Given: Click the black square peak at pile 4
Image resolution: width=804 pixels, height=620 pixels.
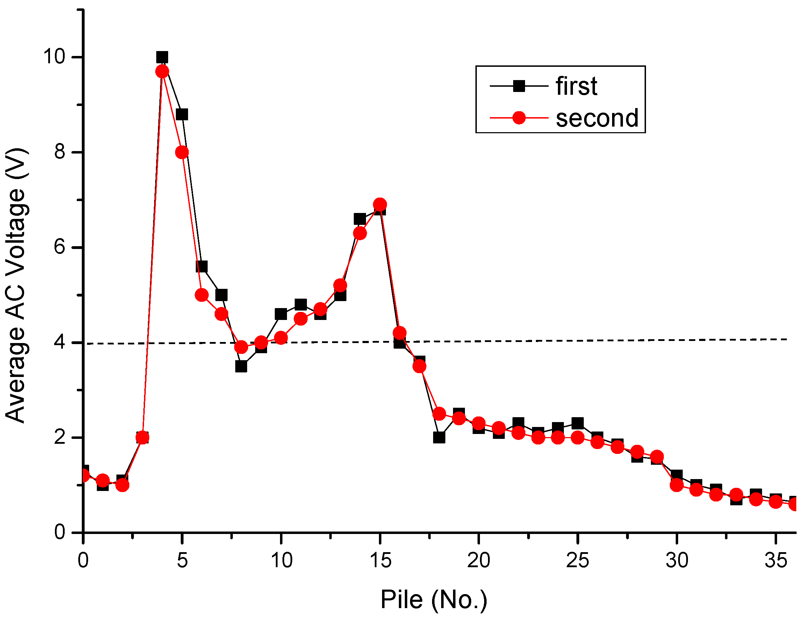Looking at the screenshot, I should [x=162, y=57].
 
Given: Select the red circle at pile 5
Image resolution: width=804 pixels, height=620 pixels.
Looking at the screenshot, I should [x=182, y=152].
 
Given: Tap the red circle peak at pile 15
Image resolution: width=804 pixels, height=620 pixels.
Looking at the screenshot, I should [x=380, y=204].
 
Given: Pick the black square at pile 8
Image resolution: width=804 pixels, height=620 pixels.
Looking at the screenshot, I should [x=241, y=367].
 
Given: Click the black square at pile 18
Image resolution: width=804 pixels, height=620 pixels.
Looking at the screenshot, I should [x=439, y=437].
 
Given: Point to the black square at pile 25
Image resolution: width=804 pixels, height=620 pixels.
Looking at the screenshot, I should [x=577, y=423].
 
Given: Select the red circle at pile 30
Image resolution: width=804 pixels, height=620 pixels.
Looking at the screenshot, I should [x=677, y=485].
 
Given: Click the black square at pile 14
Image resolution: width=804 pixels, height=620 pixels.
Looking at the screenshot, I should [x=360, y=219].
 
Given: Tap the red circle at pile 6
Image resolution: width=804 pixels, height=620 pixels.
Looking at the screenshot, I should [x=202, y=295].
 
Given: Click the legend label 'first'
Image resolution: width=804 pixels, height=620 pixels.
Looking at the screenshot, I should [x=576, y=86].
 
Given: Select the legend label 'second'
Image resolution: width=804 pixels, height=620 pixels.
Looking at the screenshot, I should [x=597, y=119].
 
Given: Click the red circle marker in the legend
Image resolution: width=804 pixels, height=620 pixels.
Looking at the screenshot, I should [x=519, y=118].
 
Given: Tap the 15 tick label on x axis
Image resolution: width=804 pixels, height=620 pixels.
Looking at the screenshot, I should [x=380, y=561].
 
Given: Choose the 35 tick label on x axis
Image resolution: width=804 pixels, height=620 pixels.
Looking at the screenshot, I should [x=776, y=561].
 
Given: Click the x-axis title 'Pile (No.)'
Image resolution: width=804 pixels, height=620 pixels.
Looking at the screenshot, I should [x=434, y=600].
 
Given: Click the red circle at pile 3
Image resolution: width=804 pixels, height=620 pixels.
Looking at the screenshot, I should [x=142, y=437].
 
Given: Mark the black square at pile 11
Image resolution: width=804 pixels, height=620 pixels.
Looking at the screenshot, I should [x=301, y=305].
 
